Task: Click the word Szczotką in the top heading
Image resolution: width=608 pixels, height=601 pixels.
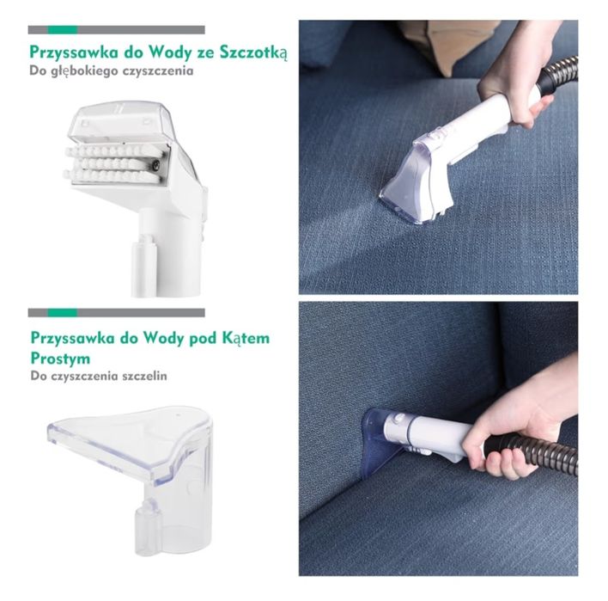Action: click(253, 53)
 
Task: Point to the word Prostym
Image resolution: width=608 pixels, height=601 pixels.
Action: click(60, 359)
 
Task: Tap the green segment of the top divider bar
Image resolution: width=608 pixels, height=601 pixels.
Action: click(63, 30)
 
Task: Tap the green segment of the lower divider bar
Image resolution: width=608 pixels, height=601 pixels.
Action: click(63, 312)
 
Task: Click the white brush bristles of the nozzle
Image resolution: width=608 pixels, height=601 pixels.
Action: click(112, 164)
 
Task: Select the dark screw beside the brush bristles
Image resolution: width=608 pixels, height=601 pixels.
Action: click(155, 165)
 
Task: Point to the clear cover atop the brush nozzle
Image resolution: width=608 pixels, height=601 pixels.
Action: click(124, 121)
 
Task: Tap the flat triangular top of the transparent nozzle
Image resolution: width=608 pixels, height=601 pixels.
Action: click(128, 435)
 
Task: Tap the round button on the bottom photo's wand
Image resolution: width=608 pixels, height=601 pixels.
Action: click(398, 419)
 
